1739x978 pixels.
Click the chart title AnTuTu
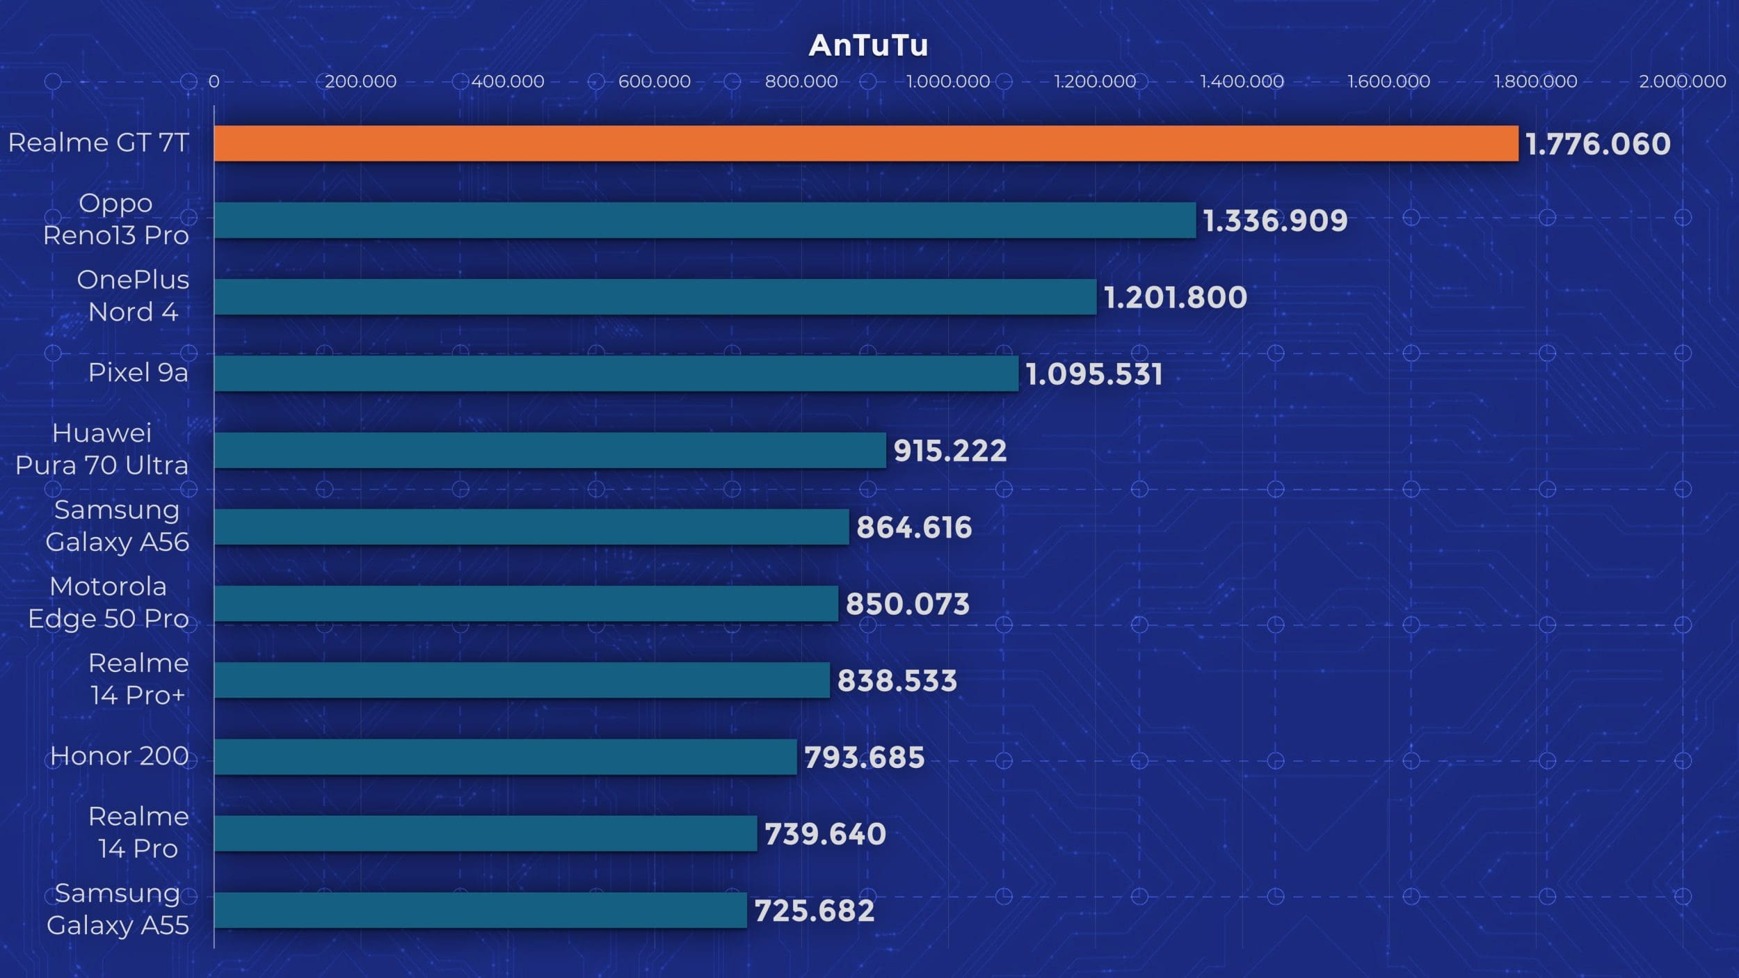coord(868,46)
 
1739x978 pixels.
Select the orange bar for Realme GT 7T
coord(866,143)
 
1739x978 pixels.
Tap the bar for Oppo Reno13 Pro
coord(705,221)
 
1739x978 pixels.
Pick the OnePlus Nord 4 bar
coord(655,297)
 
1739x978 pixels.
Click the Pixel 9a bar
coord(616,374)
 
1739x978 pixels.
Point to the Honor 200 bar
coord(506,757)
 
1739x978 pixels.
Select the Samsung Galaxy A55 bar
coord(481,910)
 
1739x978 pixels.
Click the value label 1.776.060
coord(1598,145)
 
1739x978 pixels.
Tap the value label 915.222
coord(950,451)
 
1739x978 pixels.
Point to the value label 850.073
coord(908,604)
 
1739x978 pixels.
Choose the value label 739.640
coord(826,834)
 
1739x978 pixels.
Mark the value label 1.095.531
coord(1094,374)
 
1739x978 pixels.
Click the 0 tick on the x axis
coord(214,81)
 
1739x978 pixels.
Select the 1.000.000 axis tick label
coord(948,81)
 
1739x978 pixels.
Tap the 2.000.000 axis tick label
coord(1682,81)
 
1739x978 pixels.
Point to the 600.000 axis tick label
coord(655,81)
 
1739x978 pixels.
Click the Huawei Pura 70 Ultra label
coord(102,449)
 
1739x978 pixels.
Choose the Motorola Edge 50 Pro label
coord(108,602)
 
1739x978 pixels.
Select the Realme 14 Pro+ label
coord(138,679)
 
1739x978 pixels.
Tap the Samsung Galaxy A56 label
coord(117,526)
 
